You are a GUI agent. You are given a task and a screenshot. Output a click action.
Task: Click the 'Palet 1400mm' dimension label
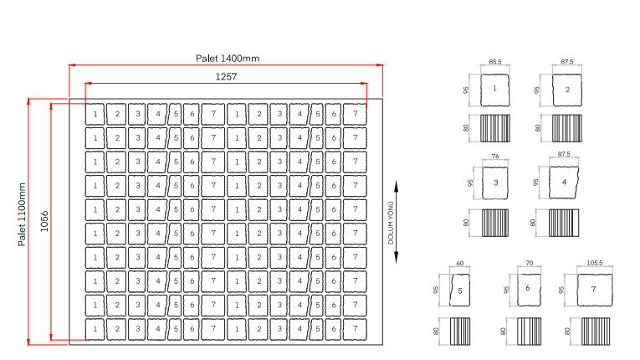coord(228,59)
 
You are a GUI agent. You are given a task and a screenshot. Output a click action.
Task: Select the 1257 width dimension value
coord(226,76)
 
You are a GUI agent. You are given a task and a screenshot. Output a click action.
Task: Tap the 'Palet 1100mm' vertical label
coord(22,214)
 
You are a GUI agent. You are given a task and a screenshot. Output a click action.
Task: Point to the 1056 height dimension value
coord(44,221)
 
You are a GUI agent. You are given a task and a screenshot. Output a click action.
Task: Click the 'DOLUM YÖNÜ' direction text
coord(391,223)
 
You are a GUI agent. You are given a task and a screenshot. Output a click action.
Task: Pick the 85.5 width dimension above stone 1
coord(494,62)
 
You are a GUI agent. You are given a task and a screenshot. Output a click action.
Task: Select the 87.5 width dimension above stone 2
coord(567,62)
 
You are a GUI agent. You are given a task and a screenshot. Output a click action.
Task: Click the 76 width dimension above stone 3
coord(495,156)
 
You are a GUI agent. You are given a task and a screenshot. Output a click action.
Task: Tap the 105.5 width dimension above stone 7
coord(594,263)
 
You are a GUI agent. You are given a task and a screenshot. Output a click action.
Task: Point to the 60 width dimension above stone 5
coord(459,263)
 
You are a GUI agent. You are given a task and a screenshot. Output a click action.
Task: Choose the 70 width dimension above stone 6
coord(529,263)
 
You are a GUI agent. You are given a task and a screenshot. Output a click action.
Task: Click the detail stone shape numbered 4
coord(564,183)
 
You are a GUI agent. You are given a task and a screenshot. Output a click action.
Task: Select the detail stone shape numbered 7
coord(595,290)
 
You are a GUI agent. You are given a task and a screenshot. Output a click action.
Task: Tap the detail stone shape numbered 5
coord(459,291)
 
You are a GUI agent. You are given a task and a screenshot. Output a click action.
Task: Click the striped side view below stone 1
coord(495,128)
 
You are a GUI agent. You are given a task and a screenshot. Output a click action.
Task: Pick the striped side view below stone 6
coord(529,332)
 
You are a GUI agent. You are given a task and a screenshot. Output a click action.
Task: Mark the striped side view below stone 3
coord(495,223)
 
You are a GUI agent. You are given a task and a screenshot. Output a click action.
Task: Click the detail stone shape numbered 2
coord(567,90)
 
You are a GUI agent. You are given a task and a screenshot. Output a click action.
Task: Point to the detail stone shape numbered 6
coord(529,290)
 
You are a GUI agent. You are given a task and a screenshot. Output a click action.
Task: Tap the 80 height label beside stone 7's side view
coord(567,331)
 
